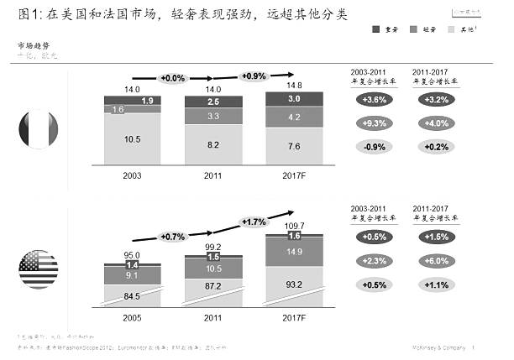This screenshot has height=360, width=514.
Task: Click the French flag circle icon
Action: coord(39,131)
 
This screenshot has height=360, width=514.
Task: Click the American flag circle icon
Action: coord(38,269)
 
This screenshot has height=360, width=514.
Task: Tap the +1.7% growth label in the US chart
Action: coord(254,222)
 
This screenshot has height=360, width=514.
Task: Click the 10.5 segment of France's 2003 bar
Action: coord(133,140)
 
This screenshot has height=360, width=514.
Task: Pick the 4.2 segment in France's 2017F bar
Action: coord(294,118)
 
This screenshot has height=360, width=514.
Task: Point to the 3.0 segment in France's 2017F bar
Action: coord(294,100)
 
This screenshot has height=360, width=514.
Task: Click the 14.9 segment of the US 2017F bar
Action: coord(294,252)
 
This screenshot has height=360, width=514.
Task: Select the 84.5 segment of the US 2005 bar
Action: coord(133,295)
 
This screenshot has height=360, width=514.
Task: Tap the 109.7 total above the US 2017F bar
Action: coord(294,227)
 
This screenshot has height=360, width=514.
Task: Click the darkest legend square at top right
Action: coord(375,29)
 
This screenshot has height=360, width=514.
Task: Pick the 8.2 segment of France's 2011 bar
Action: coord(213,144)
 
